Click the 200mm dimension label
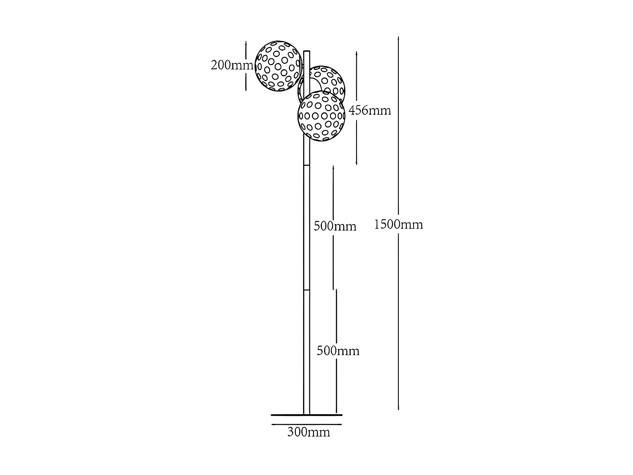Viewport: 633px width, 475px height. click(x=232, y=65)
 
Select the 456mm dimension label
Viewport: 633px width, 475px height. click(x=370, y=111)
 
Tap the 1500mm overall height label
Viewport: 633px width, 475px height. click(x=398, y=225)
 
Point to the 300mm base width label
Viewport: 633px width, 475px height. click(x=308, y=432)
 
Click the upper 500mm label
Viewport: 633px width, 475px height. click(x=335, y=226)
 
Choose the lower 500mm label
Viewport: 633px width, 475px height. click(x=338, y=351)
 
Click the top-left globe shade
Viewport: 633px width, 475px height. click(x=279, y=66)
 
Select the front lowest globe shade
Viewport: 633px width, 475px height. click(x=322, y=116)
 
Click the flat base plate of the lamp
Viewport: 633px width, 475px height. click(x=306, y=415)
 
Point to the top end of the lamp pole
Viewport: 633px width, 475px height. click(x=307, y=52)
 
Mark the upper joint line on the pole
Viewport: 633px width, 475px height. click(x=307, y=166)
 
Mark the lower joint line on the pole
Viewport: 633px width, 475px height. click(x=307, y=290)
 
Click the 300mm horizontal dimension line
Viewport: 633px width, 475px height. click(x=306, y=424)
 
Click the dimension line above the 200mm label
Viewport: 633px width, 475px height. click(x=246, y=50)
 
